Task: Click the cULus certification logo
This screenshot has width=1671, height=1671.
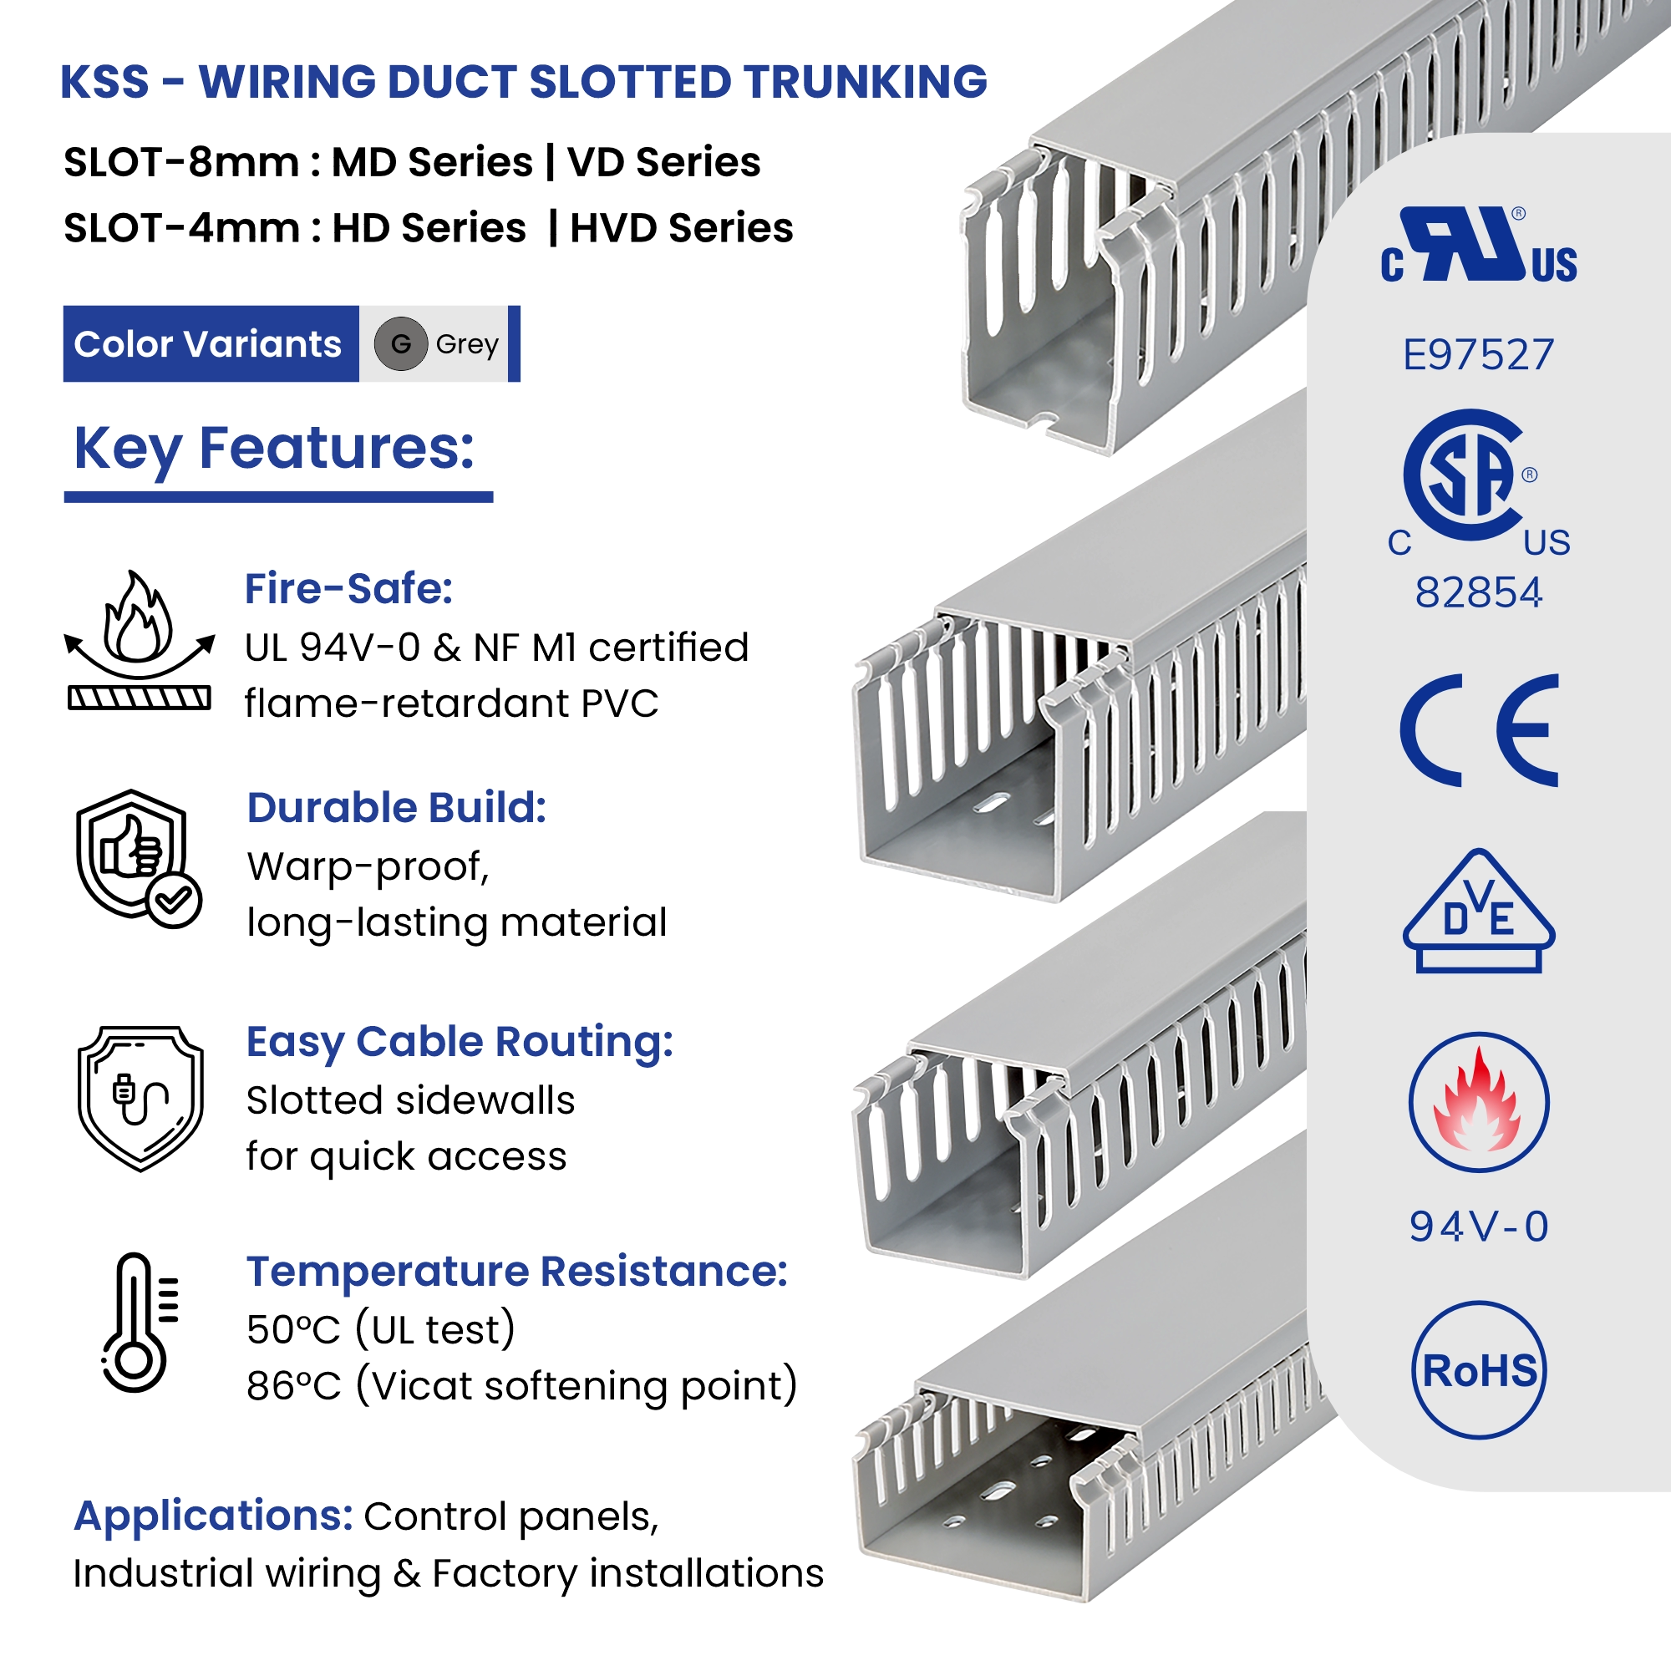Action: [1478, 246]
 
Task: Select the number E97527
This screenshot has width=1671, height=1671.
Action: [1478, 354]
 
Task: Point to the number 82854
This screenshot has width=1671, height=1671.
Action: [1478, 593]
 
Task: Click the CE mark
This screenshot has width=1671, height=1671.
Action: [1479, 730]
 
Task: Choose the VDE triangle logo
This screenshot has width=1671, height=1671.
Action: [1478, 912]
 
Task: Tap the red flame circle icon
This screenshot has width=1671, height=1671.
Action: [1479, 1103]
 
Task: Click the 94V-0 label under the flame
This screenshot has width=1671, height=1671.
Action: [1478, 1227]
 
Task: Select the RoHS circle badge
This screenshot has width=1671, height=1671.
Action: [1479, 1371]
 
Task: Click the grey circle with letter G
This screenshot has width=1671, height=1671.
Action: [400, 344]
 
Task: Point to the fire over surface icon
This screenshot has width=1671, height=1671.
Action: [140, 640]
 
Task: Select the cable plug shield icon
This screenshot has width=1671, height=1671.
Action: [141, 1099]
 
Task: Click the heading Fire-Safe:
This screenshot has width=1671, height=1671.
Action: [348, 589]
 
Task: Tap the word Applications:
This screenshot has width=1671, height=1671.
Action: [214, 1516]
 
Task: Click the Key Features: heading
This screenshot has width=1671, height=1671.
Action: [274, 448]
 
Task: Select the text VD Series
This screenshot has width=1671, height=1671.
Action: [664, 163]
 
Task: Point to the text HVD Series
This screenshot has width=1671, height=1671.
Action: [682, 228]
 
